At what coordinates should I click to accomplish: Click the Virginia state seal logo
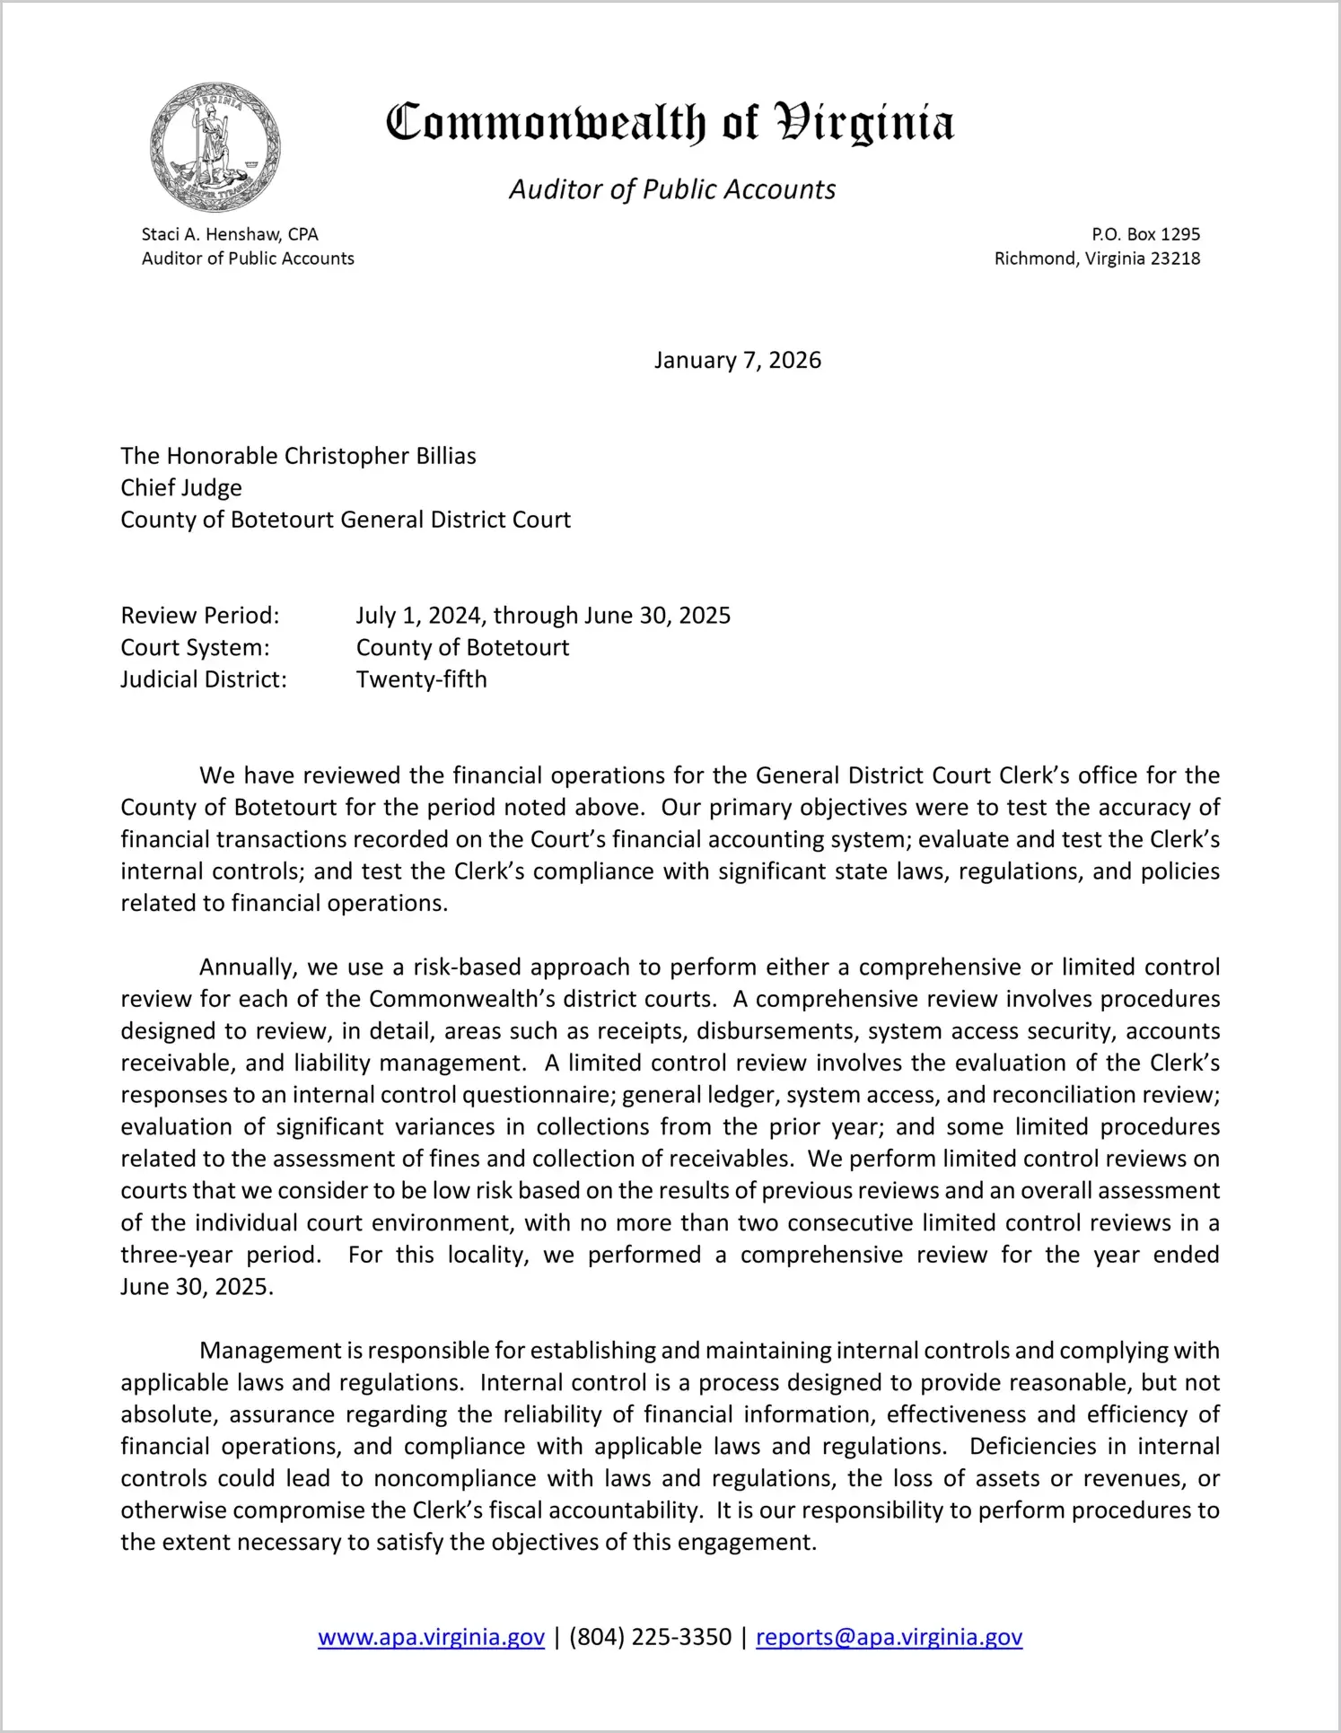(x=215, y=147)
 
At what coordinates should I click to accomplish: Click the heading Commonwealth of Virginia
(x=670, y=123)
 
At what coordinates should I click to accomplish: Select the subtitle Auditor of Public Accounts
(x=672, y=189)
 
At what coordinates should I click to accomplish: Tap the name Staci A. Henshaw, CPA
(x=230, y=234)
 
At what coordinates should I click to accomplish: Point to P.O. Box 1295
(x=1145, y=234)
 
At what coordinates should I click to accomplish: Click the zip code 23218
(x=1175, y=258)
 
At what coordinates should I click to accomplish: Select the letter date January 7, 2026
(x=737, y=360)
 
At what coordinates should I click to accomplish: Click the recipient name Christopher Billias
(x=380, y=456)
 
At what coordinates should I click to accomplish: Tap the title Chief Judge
(x=181, y=487)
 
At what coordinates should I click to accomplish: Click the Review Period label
(x=200, y=616)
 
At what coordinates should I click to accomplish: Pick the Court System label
(x=195, y=647)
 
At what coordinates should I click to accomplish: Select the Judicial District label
(x=204, y=679)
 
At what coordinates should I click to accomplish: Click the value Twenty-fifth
(x=421, y=679)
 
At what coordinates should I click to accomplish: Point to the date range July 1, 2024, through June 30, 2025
(x=543, y=616)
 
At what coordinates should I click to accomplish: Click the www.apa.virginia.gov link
(x=431, y=1637)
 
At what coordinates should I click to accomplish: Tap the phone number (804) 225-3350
(x=650, y=1637)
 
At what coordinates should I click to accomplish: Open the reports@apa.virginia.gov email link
(x=889, y=1637)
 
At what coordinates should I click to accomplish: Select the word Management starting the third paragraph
(x=270, y=1351)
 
